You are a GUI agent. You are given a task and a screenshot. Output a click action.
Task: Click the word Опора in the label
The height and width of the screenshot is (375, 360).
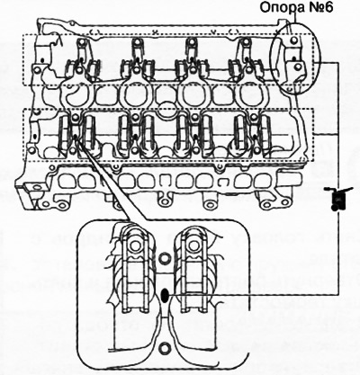[x=276, y=7]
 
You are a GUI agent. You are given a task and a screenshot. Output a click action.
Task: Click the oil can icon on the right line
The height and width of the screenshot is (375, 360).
[x=338, y=199]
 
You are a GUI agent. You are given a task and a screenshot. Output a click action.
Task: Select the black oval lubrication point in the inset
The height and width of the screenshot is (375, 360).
[x=165, y=296]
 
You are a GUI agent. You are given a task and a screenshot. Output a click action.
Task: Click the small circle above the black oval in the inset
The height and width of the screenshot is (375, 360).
[x=164, y=258]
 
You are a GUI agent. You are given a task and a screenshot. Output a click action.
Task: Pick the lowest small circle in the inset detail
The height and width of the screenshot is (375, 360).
[x=164, y=348]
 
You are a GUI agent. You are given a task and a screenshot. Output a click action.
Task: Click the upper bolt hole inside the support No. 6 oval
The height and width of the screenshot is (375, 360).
[x=294, y=40]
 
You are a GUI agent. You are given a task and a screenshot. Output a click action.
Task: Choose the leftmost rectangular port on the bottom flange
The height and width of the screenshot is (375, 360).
[x=67, y=181]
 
